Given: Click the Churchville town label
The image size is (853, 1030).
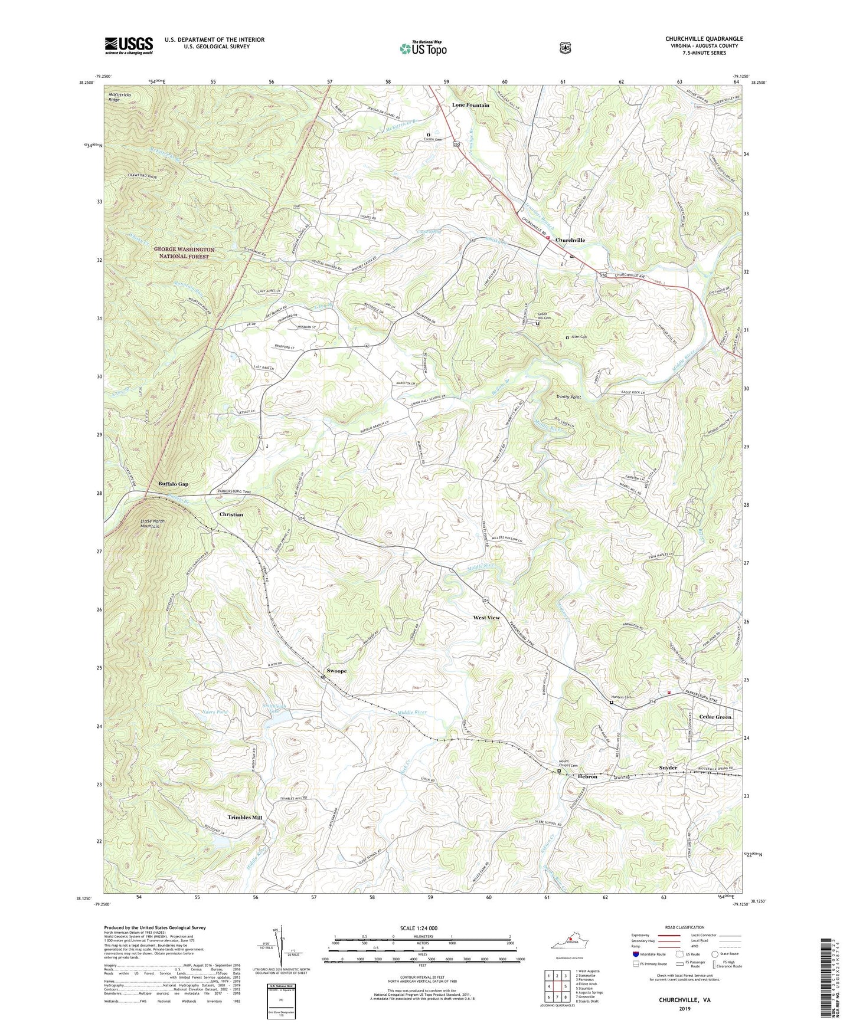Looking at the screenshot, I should click(570, 240).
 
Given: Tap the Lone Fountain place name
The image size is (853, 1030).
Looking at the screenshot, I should click(470, 105).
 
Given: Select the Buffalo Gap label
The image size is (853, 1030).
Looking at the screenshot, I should click(173, 484).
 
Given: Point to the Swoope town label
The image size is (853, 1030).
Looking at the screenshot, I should click(336, 671).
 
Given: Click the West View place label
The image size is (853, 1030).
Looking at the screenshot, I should click(486, 618).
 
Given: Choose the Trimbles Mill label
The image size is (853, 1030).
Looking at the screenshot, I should click(245, 817).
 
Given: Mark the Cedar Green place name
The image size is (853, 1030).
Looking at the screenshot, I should click(715, 717).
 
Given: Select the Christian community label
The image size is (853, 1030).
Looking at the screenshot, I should click(231, 514).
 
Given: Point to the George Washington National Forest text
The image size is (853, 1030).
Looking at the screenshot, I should click(184, 253).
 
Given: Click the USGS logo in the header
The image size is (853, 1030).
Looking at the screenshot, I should click(129, 45).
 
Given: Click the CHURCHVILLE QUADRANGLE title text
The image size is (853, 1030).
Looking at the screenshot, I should click(704, 39).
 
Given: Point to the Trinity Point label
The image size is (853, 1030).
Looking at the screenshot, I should click(568, 397).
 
